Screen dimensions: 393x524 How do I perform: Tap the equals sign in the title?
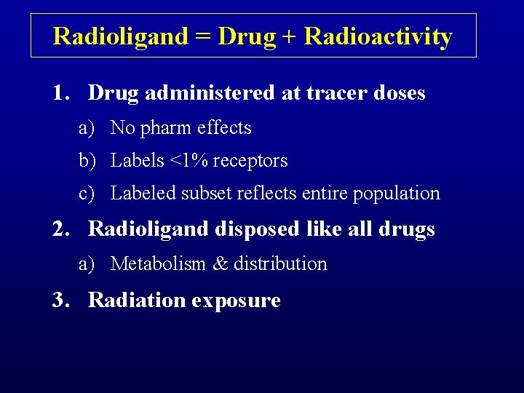pos(204,36)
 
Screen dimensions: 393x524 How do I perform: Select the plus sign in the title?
pos(290,36)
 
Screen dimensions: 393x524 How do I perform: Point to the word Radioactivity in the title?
pos(378,36)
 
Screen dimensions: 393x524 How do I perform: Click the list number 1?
pos(60,93)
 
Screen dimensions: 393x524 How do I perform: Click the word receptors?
pos(251,161)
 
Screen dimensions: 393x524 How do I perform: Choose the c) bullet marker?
pos(87,194)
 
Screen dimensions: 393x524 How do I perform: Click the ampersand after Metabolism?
pos(220,263)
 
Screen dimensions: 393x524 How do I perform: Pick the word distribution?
pos(280,263)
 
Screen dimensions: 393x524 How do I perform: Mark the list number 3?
pos(60,300)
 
